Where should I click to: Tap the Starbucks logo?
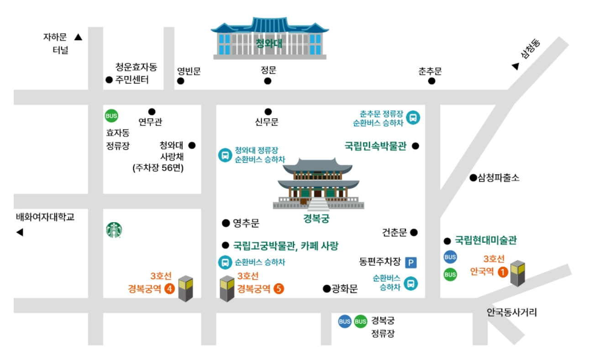click(x=114, y=230)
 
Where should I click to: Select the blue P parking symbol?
click(x=411, y=262)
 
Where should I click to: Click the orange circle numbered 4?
click(x=169, y=289)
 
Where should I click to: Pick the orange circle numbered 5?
click(x=279, y=288)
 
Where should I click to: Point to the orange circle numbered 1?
click(x=502, y=272)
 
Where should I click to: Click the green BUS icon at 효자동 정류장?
click(x=111, y=116)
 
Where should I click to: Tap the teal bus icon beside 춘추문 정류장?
click(x=413, y=118)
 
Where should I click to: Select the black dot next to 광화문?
click(x=326, y=288)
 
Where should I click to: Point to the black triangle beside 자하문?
click(x=79, y=37)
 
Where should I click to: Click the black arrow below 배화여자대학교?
click(x=20, y=233)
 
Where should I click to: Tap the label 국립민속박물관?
click(x=375, y=146)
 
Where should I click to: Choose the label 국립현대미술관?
click(x=486, y=240)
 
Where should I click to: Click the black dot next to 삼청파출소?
click(x=473, y=177)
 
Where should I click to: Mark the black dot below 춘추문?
click(x=431, y=81)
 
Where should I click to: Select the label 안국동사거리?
click(x=512, y=313)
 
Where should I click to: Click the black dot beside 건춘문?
click(x=414, y=233)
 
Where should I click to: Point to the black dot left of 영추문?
click(x=226, y=223)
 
